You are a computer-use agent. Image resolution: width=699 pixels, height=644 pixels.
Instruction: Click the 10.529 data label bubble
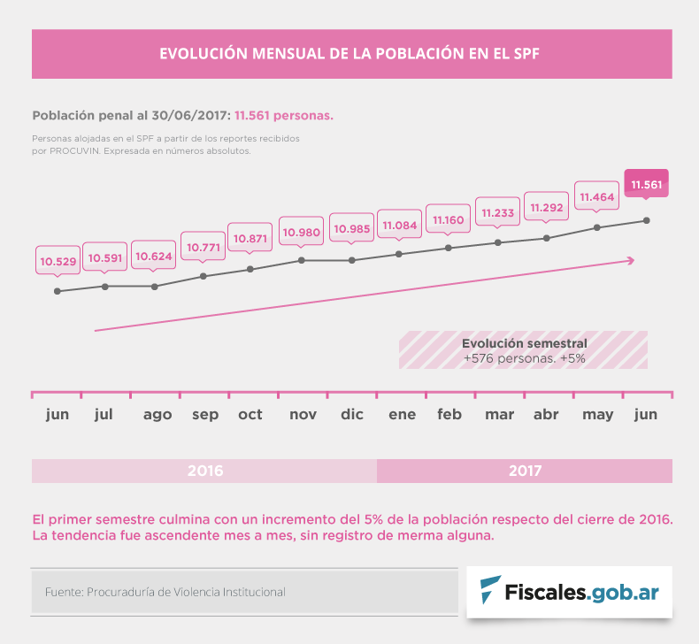58,261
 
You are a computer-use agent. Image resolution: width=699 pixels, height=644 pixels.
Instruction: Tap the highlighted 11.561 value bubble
646,185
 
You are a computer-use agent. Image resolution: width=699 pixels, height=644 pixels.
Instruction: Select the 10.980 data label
302,232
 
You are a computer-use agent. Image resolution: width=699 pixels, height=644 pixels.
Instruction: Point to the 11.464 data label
595,196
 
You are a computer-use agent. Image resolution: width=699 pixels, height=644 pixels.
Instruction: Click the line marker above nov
302,260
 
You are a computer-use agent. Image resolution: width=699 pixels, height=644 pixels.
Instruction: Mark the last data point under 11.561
647,220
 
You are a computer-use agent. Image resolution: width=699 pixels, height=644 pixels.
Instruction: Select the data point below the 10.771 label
204,276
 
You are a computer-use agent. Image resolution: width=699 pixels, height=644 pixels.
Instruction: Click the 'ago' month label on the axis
157,414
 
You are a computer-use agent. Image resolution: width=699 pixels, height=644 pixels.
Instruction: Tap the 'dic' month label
352,414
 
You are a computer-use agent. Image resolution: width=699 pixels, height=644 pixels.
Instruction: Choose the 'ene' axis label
402,414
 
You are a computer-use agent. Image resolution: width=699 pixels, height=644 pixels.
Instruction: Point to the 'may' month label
598,414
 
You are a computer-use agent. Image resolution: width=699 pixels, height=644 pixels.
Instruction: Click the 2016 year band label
205,471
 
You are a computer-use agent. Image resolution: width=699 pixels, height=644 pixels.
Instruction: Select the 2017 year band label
525,471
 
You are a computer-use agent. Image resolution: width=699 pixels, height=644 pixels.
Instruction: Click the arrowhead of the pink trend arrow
631,259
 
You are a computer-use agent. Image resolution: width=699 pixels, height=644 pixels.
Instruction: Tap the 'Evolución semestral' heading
524,343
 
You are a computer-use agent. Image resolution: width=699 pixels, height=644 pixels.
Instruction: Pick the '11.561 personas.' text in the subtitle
283,115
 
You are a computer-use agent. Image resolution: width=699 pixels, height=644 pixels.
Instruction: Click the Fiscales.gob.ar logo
569,591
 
